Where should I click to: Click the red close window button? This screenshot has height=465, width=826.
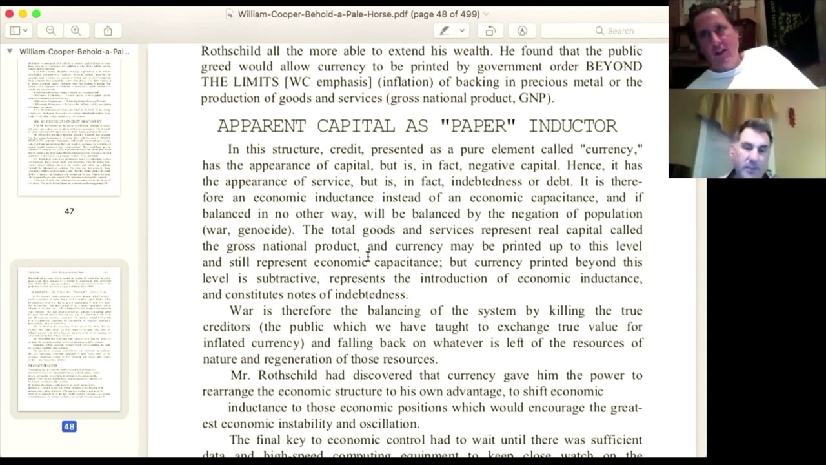coord(9,14)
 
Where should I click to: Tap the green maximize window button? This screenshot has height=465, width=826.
coord(36,14)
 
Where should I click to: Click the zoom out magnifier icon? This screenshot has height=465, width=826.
coord(51,31)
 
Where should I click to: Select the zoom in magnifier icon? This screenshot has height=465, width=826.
coord(76,31)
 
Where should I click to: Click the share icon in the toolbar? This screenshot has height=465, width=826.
coord(108,31)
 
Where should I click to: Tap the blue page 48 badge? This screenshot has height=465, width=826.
coord(69,426)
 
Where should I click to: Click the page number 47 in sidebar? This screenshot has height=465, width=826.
coord(69,211)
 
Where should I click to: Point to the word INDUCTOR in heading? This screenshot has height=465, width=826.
coord(572,126)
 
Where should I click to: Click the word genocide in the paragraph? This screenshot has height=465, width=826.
coord(263,230)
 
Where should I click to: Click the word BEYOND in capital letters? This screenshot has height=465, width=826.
coord(613,67)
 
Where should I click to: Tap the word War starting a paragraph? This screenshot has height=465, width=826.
coord(241,311)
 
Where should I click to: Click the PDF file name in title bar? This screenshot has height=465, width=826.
coord(357,14)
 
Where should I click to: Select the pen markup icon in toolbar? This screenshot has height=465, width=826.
coord(445,31)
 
